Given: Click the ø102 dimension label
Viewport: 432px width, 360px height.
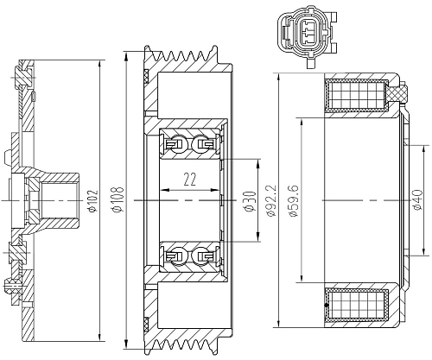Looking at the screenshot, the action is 93,200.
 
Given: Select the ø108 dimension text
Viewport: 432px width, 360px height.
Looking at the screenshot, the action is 118,199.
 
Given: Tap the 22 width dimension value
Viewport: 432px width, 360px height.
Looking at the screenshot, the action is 190,179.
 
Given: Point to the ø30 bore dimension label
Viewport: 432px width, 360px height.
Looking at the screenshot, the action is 250,201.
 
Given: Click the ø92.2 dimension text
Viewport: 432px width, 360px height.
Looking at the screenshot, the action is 272,200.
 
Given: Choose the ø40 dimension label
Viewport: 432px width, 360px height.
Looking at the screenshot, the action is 417,200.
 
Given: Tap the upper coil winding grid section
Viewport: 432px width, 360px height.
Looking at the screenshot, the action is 356,95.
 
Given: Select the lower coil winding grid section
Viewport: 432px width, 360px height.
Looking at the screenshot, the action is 356,305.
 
